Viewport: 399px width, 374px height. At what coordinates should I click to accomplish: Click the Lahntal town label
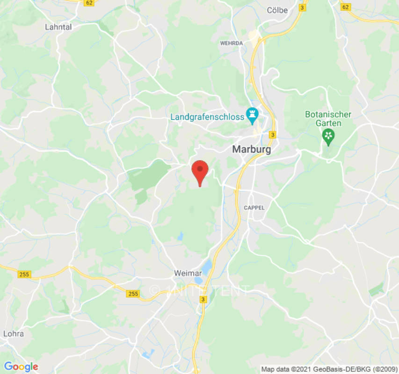pos(58,27)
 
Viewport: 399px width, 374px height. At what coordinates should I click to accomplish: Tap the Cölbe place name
pos(277,10)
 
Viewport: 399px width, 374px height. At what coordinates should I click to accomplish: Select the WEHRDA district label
pos(232,43)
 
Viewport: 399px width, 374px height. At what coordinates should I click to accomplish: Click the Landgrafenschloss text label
pos(207,117)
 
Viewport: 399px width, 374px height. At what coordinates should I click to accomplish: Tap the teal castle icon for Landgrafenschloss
pos(253,115)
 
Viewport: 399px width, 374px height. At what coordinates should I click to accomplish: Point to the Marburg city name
pos(251,150)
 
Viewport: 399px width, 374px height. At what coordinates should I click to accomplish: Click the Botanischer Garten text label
pos(328,119)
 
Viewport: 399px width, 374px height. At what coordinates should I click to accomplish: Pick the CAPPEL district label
pos(254,208)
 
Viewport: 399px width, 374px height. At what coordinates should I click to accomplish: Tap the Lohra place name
pos(13,334)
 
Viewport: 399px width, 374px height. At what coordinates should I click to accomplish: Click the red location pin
pos(200,172)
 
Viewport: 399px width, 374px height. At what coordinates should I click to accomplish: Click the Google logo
pos(21,367)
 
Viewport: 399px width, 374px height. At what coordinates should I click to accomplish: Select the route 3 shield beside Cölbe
pos(303,7)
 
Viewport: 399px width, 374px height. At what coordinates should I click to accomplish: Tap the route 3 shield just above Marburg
pos(273,135)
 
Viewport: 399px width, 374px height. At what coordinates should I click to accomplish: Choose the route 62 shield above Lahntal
pos(89,2)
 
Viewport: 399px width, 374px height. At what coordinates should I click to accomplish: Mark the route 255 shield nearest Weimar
pos(133,293)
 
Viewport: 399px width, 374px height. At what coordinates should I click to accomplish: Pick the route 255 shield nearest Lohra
pos(24,274)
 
